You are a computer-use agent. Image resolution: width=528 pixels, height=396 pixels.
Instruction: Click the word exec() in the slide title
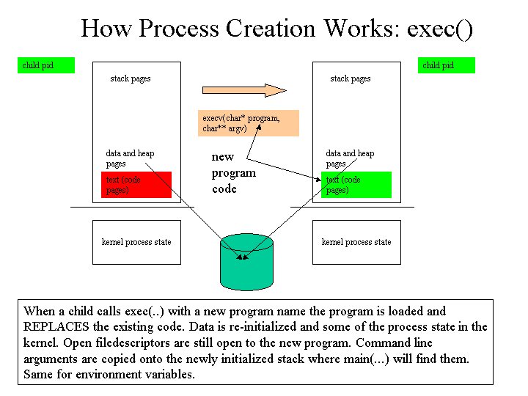coord(440,29)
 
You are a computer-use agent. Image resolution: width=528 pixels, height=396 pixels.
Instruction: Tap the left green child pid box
coord(46,65)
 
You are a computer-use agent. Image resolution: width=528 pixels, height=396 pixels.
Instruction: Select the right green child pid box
coord(447,65)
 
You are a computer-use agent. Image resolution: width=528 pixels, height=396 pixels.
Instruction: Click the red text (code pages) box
coord(136,185)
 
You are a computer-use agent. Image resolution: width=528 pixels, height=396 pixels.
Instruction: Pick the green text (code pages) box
coord(356,185)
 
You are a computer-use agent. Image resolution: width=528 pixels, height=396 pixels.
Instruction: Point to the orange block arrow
coord(244,90)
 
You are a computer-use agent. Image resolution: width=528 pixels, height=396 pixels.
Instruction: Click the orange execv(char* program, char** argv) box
coord(249,123)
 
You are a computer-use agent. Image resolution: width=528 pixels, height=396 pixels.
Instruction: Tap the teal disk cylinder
coord(246,262)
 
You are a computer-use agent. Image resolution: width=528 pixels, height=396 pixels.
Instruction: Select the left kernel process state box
coord(136,242)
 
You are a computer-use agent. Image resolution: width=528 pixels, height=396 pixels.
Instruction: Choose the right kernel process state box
coord(356,242)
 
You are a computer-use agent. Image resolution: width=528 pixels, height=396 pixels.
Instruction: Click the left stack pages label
coord(131,78)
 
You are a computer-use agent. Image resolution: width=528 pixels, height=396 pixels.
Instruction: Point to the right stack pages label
coord(351,78)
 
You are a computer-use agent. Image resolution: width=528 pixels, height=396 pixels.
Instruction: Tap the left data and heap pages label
coord(130,158)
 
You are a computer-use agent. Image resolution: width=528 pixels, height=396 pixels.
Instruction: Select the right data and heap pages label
coord(350,158)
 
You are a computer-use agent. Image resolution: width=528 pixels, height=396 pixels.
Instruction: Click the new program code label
coord(234,173)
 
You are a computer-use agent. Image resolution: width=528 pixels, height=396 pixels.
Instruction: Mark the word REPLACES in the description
coord(56,326)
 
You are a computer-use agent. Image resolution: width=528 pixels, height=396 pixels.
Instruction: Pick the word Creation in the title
coord(271,29)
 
